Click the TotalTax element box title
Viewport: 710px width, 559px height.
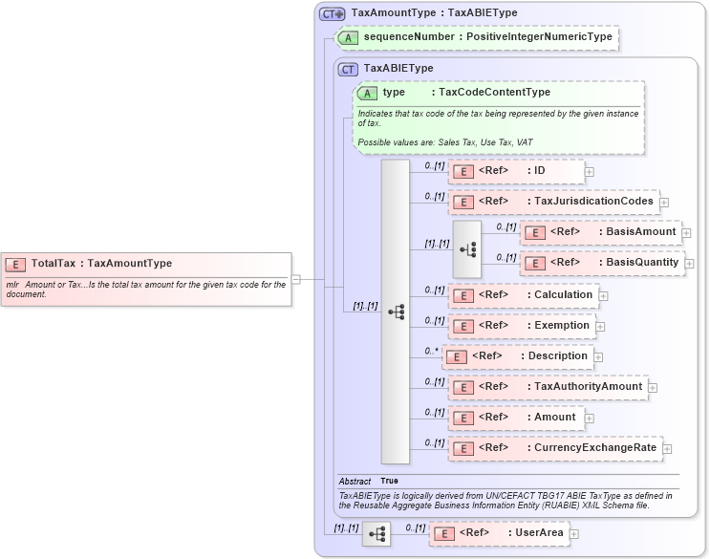click(101, 264)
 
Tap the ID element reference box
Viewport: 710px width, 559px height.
click(516, 171)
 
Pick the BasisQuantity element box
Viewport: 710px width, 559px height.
click(602, 263)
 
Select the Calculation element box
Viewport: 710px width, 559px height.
click(523, 295)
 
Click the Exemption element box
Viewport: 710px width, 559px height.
click(521, 326)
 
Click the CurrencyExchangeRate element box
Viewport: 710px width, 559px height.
click(553, 447)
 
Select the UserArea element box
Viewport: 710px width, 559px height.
click(497, 532)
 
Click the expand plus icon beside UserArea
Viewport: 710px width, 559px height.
click(574, 533)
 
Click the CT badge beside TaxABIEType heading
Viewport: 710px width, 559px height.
click(349, 69)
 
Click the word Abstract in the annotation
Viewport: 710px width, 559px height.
click(355, 481)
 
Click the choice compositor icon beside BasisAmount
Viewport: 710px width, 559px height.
click(467, 248)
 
